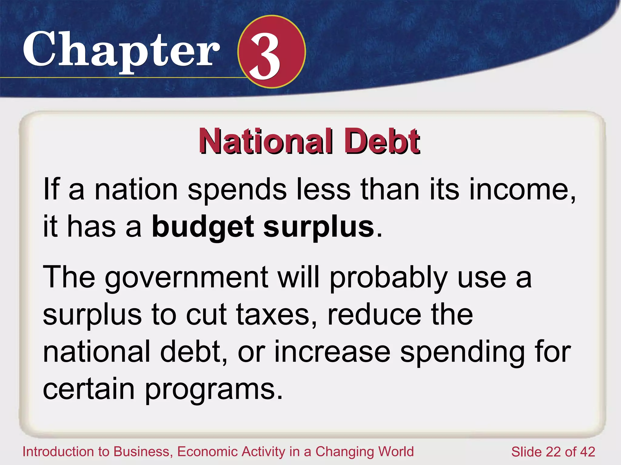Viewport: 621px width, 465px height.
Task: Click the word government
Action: click(186, 277)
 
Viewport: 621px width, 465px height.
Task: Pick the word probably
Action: click(388, 277)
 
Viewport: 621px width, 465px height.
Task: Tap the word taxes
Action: click(276, 315)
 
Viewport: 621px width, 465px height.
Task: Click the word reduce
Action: click(374, 315)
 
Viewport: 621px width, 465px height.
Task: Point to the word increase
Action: click(332, 352)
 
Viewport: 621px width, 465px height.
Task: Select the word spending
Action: click(462, 352)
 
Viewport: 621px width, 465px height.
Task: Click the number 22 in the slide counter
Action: click(553, 452)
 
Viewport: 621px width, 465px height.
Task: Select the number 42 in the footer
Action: click(587, 452)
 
